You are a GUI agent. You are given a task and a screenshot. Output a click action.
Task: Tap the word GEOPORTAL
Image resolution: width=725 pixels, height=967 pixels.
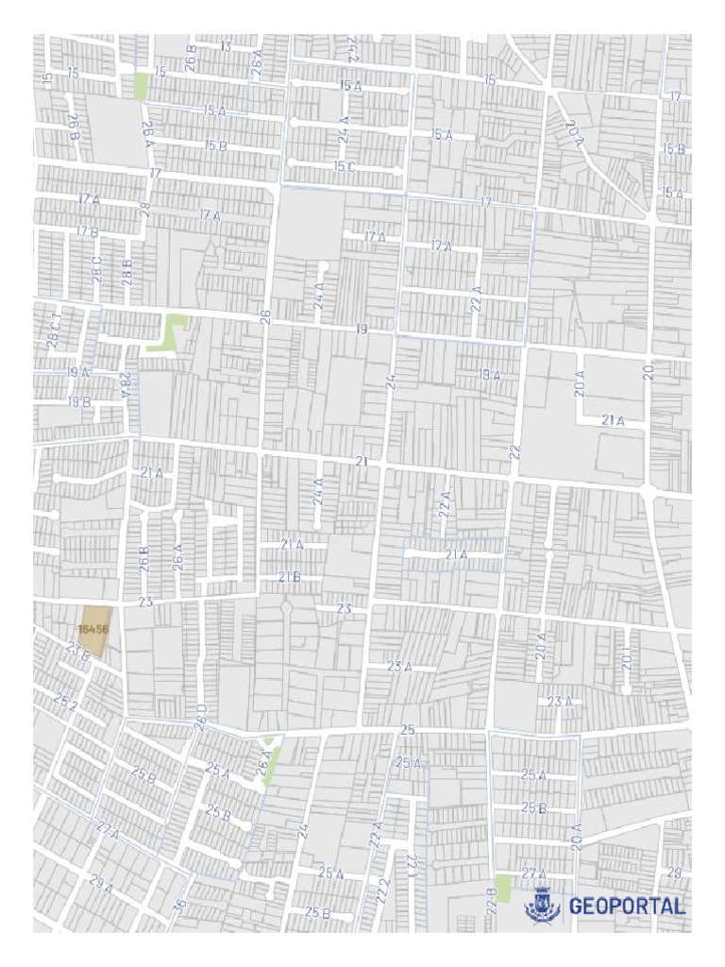(627, 907)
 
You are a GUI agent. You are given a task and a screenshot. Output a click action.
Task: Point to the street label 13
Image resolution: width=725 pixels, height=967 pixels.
(226, 45)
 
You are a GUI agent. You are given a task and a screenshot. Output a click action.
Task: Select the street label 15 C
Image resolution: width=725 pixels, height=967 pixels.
(345, 166)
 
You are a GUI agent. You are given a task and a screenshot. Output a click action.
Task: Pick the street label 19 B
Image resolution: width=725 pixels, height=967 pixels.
(78, 401)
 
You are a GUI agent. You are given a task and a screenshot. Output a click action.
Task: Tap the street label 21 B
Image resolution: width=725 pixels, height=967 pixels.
(289, 575)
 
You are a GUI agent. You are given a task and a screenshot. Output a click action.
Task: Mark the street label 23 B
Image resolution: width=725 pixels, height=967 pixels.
(77, 650)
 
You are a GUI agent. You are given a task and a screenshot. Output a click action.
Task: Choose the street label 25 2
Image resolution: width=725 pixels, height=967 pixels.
(65, 704)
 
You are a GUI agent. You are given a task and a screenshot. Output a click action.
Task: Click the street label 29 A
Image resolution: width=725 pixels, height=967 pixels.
(101, 885)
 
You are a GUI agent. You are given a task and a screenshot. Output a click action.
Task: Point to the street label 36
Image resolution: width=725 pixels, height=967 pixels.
(179, 906)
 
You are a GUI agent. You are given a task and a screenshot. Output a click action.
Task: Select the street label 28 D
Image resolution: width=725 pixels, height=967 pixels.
(200, 715)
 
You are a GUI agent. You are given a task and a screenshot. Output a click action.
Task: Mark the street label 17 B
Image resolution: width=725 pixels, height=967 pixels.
(87, 230)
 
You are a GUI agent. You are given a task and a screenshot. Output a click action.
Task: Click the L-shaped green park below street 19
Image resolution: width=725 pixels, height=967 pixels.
(170, 332)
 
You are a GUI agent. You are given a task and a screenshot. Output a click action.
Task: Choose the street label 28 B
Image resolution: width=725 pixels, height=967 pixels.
(127, 271)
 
